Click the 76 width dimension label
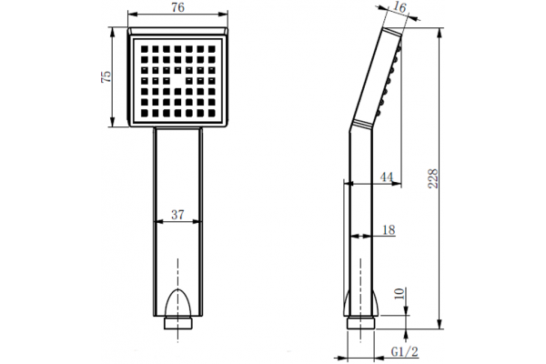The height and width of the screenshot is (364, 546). point(177,7)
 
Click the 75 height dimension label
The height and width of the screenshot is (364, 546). point(106,76)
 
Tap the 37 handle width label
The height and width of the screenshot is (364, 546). point(177,215)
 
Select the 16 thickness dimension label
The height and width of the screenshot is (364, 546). point(400,7)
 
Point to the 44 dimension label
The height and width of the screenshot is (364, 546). point(387,177)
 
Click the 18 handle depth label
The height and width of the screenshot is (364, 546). point(389,230)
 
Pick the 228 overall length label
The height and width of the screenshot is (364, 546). point(433,178)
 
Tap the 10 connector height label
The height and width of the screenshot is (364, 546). point(400,293)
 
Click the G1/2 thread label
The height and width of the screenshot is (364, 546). point(404,352)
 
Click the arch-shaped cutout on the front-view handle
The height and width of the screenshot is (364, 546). point(178,302)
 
